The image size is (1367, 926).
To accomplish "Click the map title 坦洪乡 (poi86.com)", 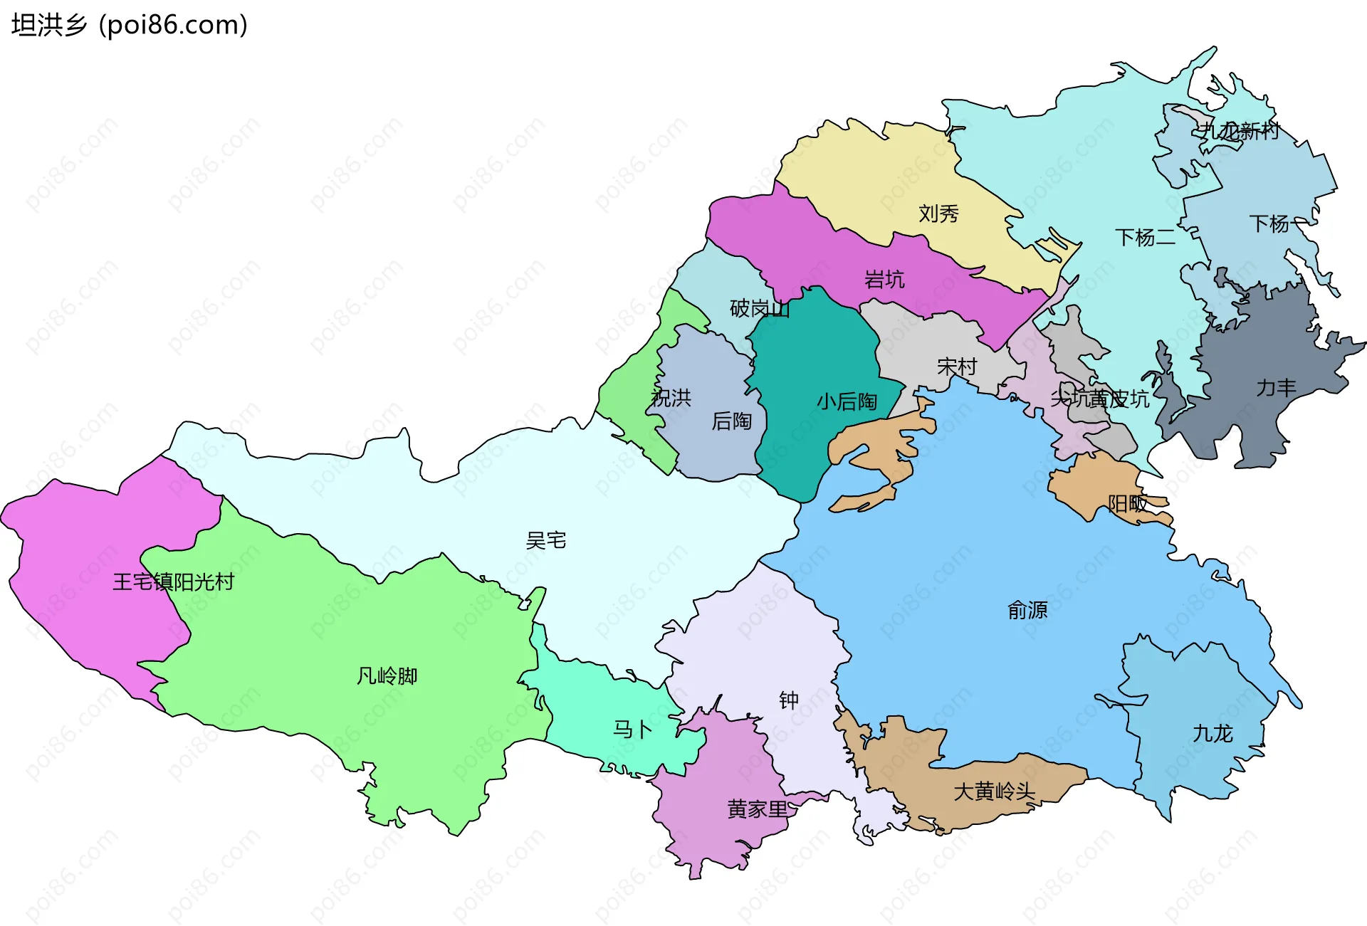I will click(129, 25).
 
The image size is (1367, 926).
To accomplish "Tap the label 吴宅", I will click(545, 541).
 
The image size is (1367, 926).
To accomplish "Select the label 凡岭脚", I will click(387, 675).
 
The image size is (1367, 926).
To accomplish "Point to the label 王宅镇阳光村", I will click(173, 582).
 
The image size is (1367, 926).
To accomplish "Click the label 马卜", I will click(632, 730).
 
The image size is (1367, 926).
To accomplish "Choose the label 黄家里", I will click(758, 809).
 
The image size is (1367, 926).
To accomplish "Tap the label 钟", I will click(788, 701).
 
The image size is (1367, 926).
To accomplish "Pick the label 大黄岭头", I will click(994, 791).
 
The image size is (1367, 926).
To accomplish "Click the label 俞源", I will click(1027, 610).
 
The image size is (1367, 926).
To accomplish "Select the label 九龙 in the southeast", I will click(1212, 733).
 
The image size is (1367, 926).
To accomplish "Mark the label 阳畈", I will click(1127, 504).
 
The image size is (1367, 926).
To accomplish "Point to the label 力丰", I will click(1276, 388).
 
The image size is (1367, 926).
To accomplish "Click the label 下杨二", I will click(1145, 238).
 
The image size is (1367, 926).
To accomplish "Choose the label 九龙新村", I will click(1237, 131).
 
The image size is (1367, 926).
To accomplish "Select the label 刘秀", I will click(938, 214).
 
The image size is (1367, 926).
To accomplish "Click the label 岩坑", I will click(884, 280).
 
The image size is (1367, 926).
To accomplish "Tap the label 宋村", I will click(956, 367).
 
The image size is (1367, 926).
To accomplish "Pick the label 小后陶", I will click(847, 402).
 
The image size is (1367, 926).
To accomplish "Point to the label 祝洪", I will click(671, 398).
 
